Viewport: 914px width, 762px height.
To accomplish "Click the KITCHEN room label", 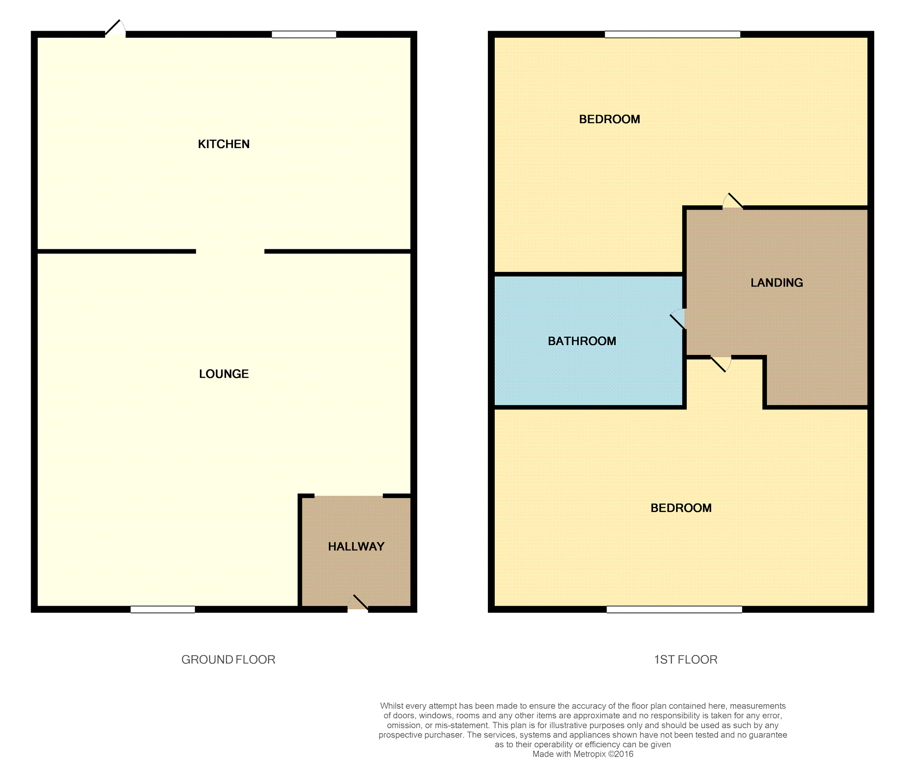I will tap(223, 144).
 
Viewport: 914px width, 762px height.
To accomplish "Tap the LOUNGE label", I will tap(224, 374).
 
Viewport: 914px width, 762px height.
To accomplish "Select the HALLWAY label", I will tap(356, 547).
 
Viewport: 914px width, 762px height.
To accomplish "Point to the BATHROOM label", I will tap(582, 341).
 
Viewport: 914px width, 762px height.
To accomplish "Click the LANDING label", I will tap(776, 283).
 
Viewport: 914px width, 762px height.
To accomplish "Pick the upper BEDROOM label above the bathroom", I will tap(609, 119).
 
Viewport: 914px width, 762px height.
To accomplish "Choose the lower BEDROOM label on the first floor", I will tap(681, 508).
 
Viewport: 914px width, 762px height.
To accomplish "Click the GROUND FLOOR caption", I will tap(228, 659).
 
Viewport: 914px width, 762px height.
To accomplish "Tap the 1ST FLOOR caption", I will tap(685, 659).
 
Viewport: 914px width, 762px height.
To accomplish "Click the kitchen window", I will tap(304, 34).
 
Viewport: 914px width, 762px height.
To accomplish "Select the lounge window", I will tap(162, 609).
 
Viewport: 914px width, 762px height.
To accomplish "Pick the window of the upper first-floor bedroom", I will tap(672, 34).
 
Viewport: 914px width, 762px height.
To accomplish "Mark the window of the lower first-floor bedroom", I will tap(674, 609).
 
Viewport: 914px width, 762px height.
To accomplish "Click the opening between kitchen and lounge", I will tap(230, 251).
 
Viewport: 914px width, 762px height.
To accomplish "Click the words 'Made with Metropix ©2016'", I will tap(583, 754).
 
